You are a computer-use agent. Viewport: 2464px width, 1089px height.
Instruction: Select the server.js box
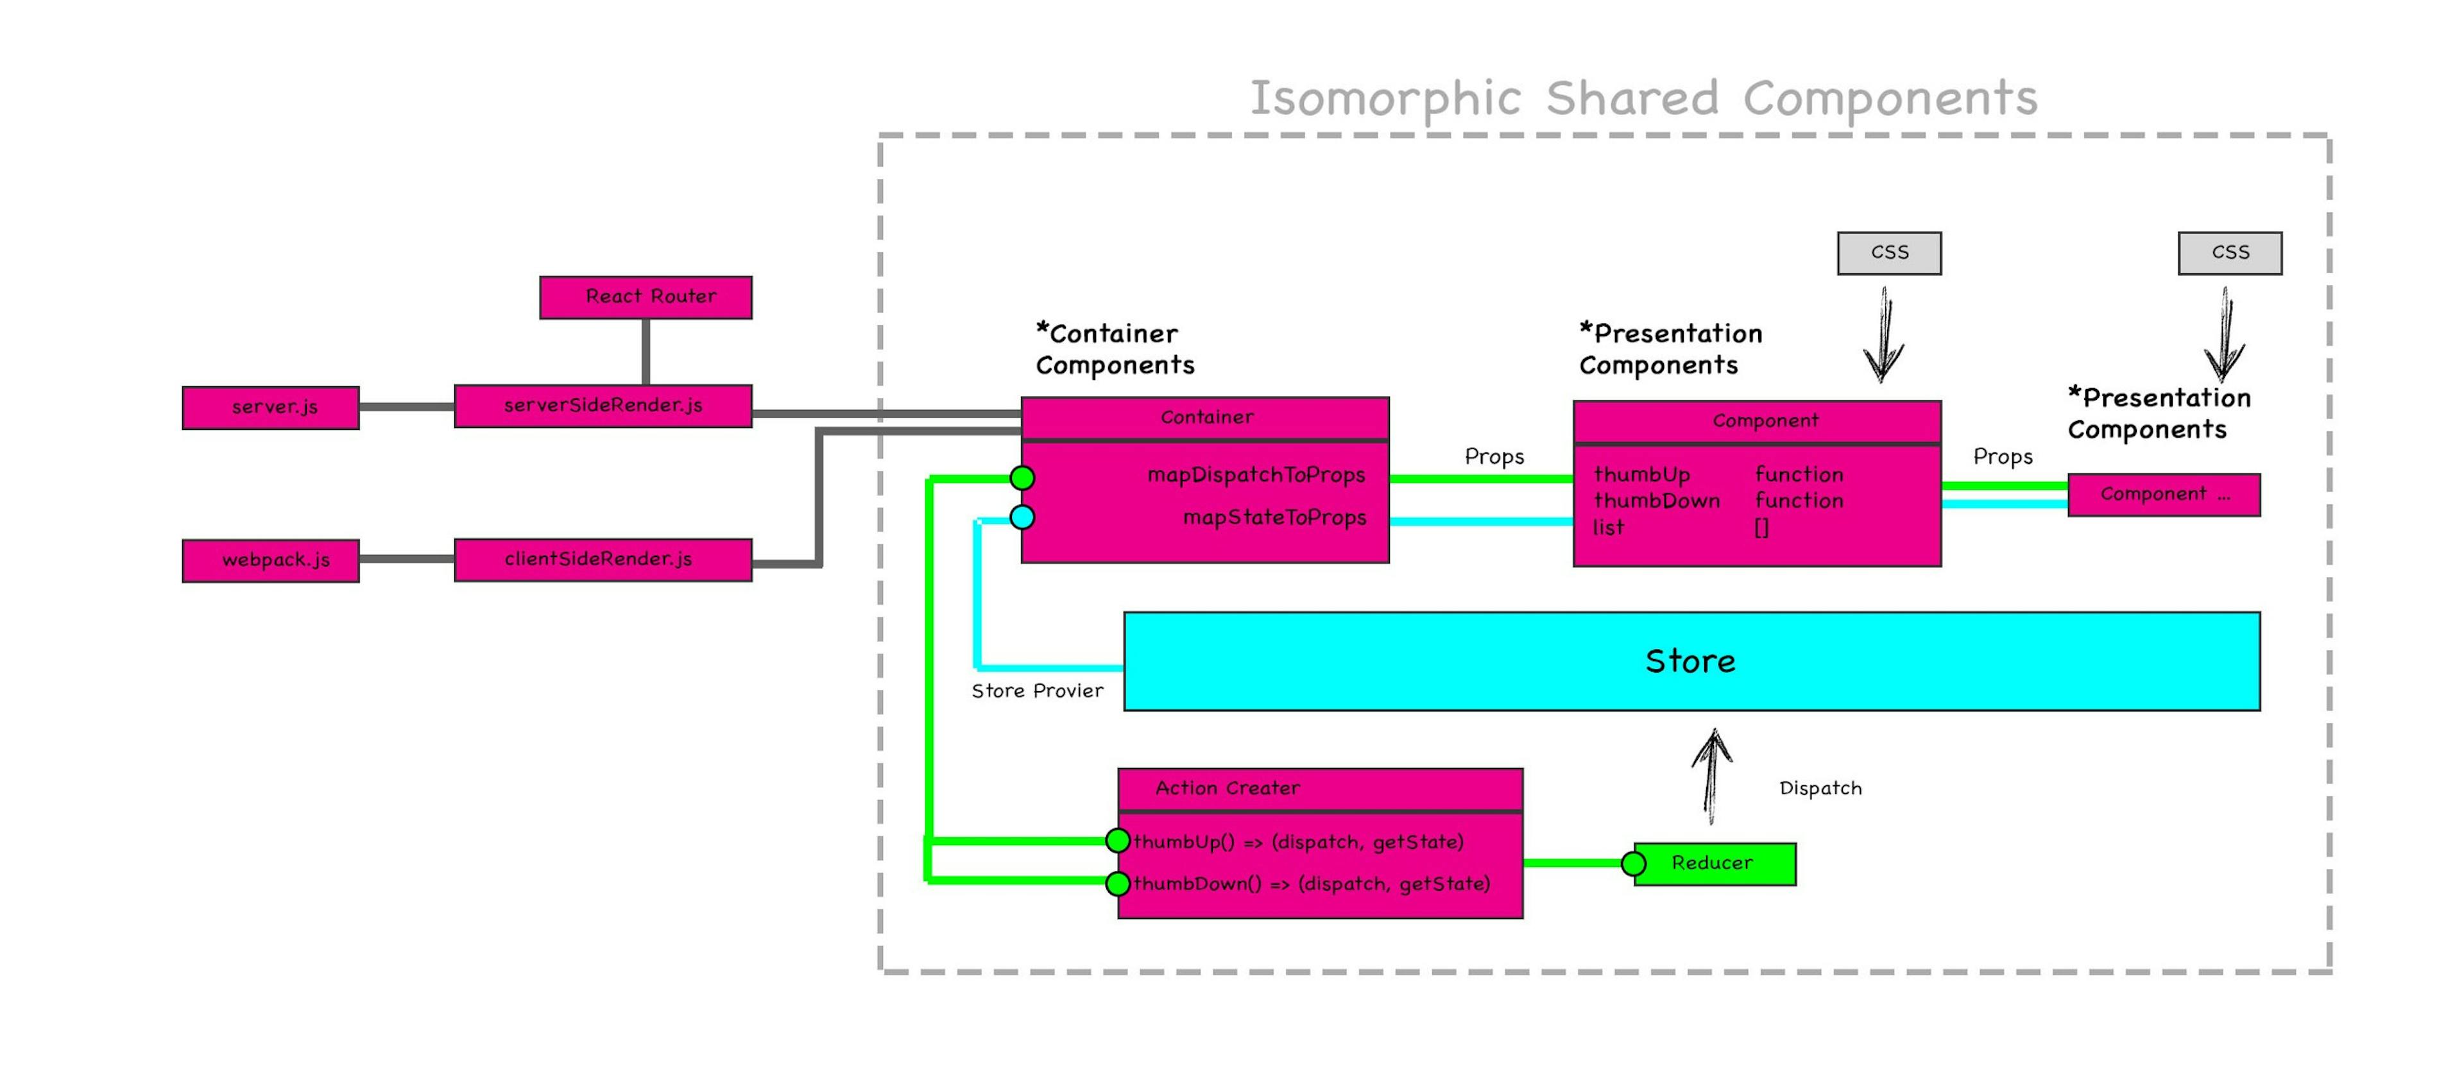point(271,407)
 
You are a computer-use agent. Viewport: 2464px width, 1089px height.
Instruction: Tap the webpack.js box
point(271,561)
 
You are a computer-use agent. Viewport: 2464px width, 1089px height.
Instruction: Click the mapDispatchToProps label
point(1256,476)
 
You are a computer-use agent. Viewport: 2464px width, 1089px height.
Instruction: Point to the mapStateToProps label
point(1274,518)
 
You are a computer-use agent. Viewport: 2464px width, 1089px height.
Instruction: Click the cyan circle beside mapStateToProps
point(1023,518)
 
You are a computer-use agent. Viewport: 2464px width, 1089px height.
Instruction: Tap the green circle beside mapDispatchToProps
point(1023,477)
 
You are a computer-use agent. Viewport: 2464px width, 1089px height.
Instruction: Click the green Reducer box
point(1714,863)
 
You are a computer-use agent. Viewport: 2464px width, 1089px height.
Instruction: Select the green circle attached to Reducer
point(1634,864)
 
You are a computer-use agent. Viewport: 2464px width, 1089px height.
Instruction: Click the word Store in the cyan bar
point(1690,661)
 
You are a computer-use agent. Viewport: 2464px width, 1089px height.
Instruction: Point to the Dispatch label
point(1820,789)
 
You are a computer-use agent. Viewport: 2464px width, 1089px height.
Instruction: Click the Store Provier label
point(1037,691)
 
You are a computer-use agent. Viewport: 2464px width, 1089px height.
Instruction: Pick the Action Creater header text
point(1228,789)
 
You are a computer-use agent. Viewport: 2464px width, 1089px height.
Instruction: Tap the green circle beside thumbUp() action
point(1117,841)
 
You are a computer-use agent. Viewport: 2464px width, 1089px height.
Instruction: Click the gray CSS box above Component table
point(1889,253)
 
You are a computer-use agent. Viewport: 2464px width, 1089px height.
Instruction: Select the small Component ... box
point(2164,495)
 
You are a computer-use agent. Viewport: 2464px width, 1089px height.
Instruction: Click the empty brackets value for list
point(1761,528)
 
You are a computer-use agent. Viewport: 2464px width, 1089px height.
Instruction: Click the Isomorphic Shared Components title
point(1643,99)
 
